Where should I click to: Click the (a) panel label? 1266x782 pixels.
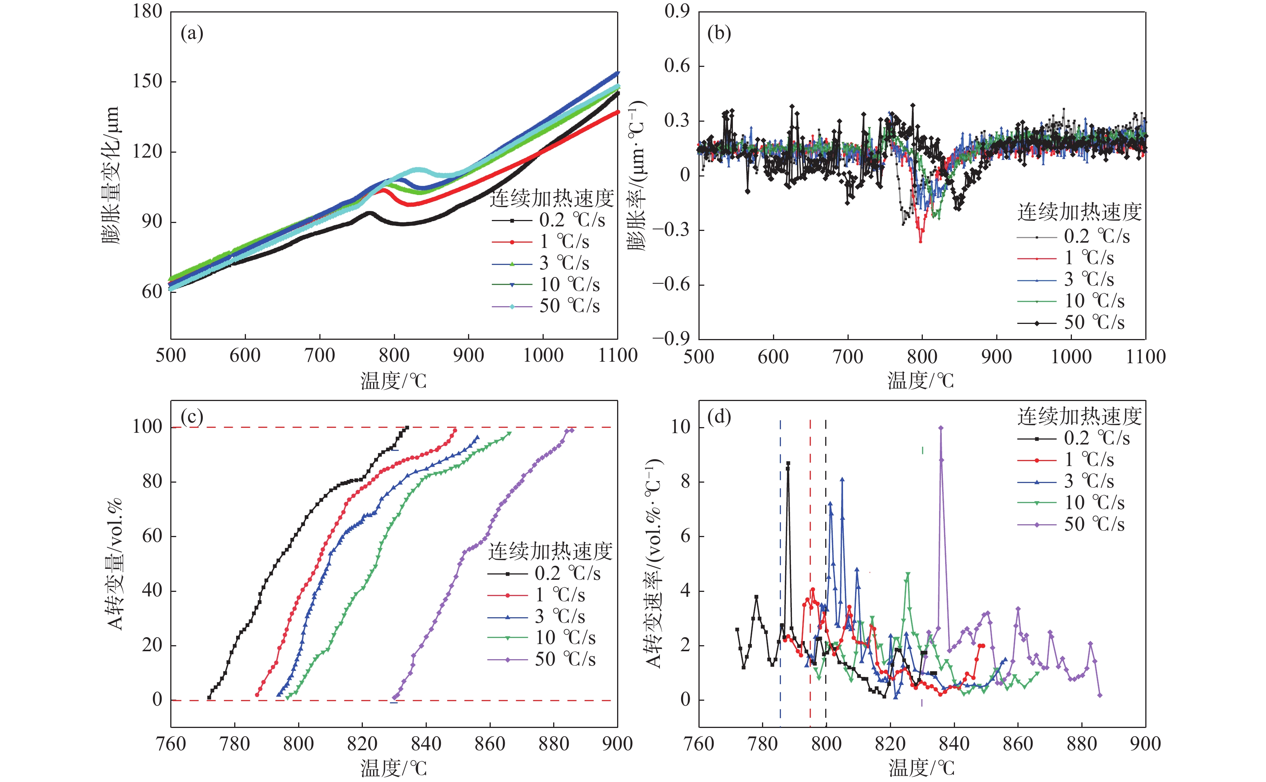pyautogui.click(x=191, y=34)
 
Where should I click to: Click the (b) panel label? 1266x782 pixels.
pyautogui.click(x=719, y=34)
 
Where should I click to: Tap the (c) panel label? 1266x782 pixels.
pyautogui.click(x=191, y=417)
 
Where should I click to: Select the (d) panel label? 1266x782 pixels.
pyautogui.click(x=719, y=417)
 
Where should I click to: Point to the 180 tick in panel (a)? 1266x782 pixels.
pyautogui.click(x=148, y=11)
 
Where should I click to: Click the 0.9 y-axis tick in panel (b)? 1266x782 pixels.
pyautogui.click(x=677, y=11)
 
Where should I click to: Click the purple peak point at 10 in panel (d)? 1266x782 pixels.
pyautogui.click(x=941, y=428)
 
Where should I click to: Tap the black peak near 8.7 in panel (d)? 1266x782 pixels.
pyautogui.click(x=788, y=463)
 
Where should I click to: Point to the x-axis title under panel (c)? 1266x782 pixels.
pyautogui.click(x=393, y=768)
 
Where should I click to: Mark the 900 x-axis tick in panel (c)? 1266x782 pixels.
pyautogui.click(x=617, y=744)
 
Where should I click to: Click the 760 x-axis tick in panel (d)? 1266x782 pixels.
pyautogui.click(x=699, y=744)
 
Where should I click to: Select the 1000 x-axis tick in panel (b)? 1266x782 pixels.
pyautogui.click(x=1071, y=356)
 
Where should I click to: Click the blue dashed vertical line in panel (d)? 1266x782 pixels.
pyautogui.click(x=780, y=569)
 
